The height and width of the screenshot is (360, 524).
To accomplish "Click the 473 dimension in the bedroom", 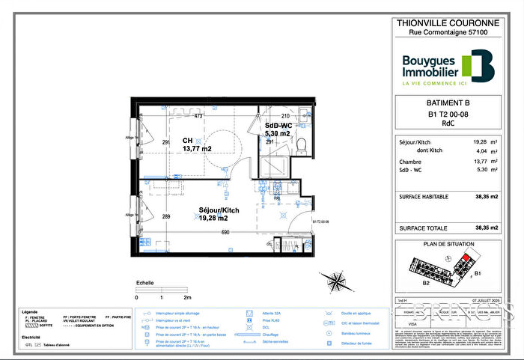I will tap(198, 116).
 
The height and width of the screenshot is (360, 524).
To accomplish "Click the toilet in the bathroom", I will tap(301, 142).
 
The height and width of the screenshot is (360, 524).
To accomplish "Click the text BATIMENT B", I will tap(448, 103).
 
